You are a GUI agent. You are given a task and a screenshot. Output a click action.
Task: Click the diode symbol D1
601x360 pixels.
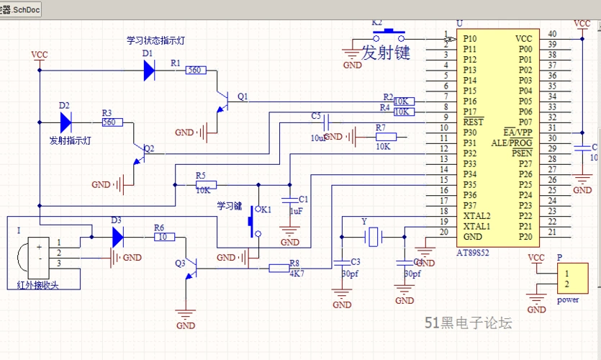149,70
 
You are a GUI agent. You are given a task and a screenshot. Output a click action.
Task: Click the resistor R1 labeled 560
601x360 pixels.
194,70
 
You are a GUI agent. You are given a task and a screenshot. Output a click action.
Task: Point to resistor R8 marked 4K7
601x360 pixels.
280,268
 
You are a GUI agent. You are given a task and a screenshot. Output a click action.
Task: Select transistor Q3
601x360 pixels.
191,268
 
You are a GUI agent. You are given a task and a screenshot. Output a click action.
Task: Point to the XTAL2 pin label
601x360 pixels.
476,215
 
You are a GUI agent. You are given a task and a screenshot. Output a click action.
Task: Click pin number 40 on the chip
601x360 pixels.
552,34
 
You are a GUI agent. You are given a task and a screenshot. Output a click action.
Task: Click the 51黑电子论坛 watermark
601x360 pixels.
468,323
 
